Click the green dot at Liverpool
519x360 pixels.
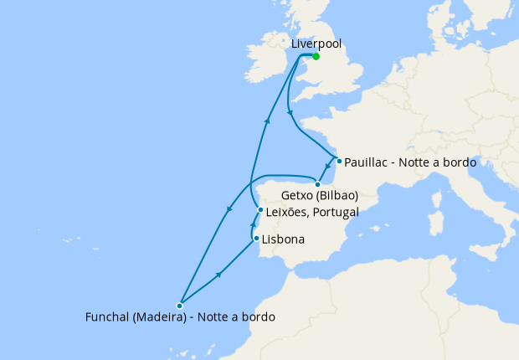click(x=316, y=56)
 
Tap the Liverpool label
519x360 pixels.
click(x=316, y=44)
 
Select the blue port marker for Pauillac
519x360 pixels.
click(x=338, y=161)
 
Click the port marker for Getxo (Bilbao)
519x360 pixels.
click(x=317, y=184)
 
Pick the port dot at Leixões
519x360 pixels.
click(x=261, y=210)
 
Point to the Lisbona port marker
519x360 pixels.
click(x=256, y=239)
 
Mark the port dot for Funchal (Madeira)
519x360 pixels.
click(x=179, y=306)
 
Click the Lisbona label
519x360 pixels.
click(x=283, y=239)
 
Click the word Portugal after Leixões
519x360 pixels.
click(x=333, y=212)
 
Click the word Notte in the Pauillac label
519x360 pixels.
click(x=419, y=162)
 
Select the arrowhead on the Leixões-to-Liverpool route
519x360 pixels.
click(x=267, y=121)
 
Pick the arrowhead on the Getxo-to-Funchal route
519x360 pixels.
click(x=229, y=210)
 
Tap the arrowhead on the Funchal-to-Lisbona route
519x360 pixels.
click(x=219, y=274)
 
